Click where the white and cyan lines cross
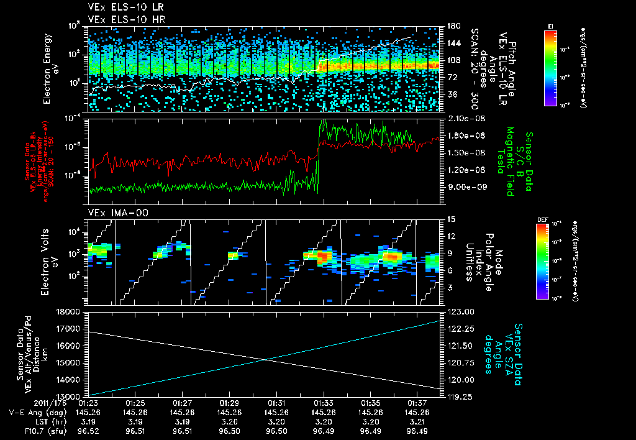point(265,359)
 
